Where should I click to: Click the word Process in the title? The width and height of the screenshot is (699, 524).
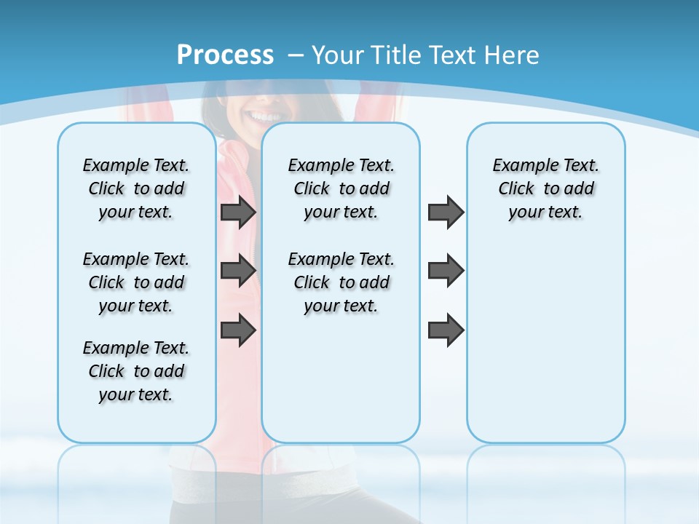pos(225,55)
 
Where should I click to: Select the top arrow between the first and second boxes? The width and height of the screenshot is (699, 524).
pos(238,213)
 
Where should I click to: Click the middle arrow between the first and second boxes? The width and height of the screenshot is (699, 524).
pos(238,271)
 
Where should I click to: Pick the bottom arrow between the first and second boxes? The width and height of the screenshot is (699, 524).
pos(238,330)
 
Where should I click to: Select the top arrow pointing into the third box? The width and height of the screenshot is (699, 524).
pos(446,213)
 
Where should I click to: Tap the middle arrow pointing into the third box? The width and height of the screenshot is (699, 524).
pos(446,271)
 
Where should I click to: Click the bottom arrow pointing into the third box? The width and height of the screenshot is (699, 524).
pos(446,330)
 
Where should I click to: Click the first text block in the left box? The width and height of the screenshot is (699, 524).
pos(136,188)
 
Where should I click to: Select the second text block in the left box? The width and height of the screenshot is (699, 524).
pos(136,282)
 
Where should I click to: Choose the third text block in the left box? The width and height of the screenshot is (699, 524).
pos(136,371)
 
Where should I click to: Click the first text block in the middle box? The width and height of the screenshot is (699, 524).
pos(341,188)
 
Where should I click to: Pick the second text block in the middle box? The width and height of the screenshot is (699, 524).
pos(341,282)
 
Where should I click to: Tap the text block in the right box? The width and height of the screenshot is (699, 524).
pos(545,188)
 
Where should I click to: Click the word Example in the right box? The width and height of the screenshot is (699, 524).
pos(519,166)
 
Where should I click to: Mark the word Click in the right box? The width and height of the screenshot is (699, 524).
pos(516,189)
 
